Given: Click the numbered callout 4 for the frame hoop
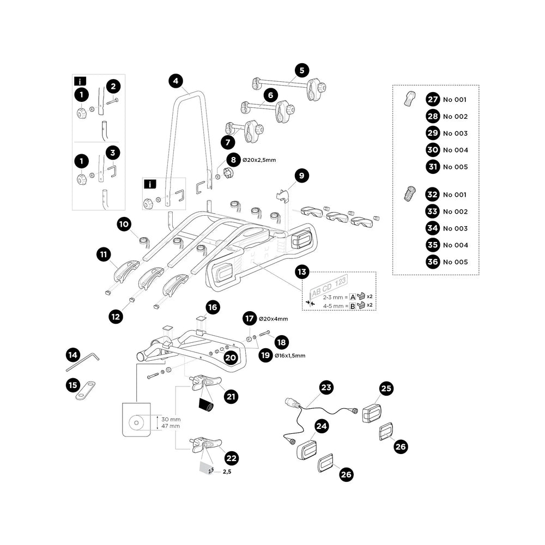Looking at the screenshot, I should coord(174,81).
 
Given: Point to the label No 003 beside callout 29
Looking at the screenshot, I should coord(455,134).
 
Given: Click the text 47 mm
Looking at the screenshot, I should coord(171,426).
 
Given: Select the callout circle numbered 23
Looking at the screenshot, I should coord(326,388).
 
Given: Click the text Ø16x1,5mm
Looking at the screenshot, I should coord(290,355).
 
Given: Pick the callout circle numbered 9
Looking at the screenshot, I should coord(301,176).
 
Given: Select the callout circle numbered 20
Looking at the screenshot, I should coord(230,358).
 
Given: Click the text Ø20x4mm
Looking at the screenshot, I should coord(273,319).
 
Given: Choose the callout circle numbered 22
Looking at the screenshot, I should coord(231,459).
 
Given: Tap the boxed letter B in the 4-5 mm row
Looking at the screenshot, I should coord(352,306).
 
